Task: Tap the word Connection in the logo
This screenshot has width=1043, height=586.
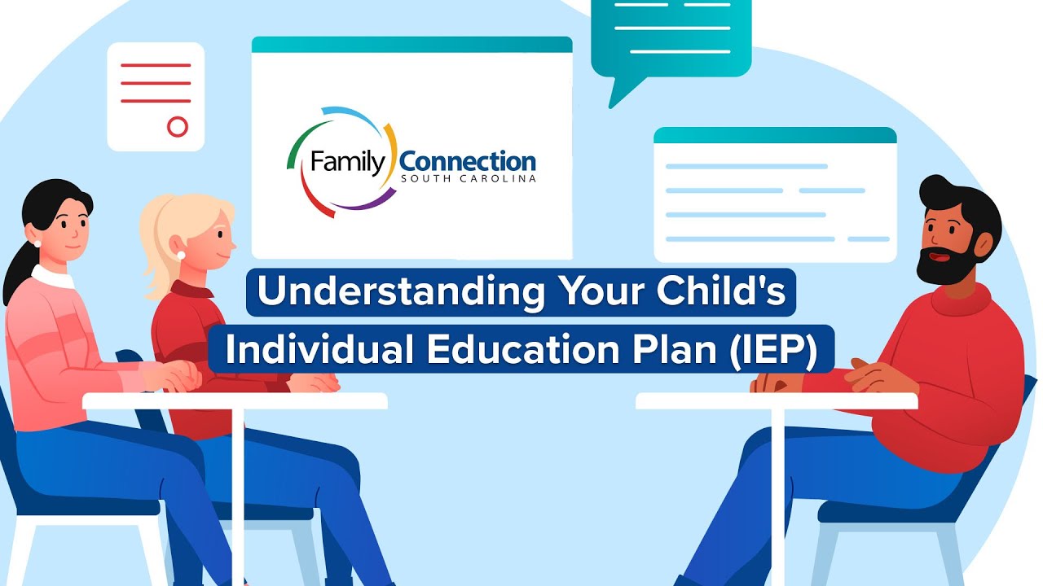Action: tap(468, 160)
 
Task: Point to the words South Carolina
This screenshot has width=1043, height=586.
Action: tap(468, 179)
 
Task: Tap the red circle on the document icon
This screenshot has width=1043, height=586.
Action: tap(177, 126)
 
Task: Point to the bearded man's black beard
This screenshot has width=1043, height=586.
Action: tap(945, 265)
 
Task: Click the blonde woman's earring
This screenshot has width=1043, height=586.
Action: tap(181, 256)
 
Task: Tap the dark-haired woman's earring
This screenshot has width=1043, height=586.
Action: tap(37, 242)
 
